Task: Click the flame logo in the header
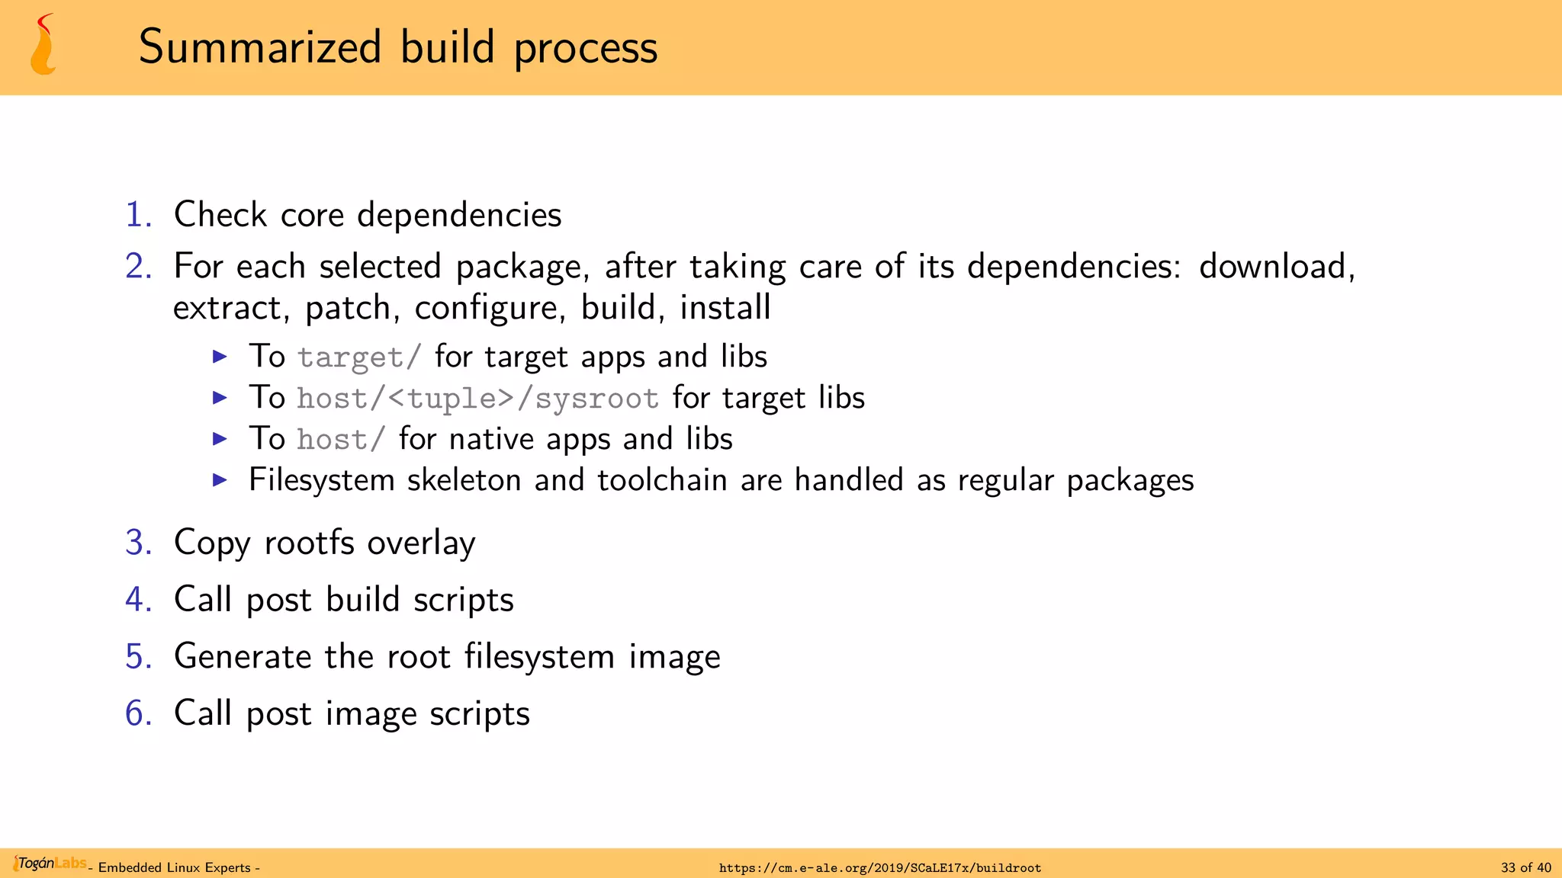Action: (x=43, y=45)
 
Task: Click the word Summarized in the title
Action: (x=260, y=47)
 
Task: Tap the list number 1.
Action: (x=138, y=215)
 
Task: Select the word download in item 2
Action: (x=1276, y=267)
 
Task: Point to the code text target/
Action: (x=359, y=357)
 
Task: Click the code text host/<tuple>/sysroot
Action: (x=477, y=399)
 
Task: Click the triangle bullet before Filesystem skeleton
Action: (x=220, y=480)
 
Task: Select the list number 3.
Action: (x=138, y=543)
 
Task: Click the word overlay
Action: (x=421, y=543)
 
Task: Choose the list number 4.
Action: (x=138, y=600)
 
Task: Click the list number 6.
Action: (x=138, y=714)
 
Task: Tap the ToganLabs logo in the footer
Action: (x=49, y=864)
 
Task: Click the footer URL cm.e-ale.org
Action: (x=880, y=868)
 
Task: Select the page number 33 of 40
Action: (x=1525, y=868)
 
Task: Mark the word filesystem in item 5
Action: (x=539, y=657)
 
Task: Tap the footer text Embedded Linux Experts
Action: (x=175, y=868)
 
